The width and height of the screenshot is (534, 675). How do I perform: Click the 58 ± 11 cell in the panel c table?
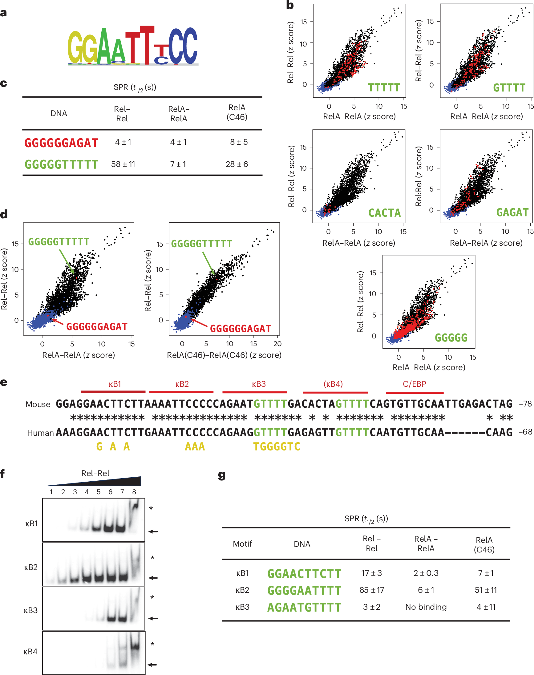(123, 164)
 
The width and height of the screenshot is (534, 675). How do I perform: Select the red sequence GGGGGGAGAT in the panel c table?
(61, 143)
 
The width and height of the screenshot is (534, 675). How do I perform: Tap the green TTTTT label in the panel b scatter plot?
(384, 87)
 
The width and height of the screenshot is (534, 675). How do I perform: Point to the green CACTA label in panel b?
(384, 213)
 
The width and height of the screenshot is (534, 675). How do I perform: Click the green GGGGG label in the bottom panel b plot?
(451, 338)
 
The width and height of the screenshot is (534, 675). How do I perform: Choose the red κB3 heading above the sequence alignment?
(259, 384)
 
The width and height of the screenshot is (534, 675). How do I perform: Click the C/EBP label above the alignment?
(414, 384)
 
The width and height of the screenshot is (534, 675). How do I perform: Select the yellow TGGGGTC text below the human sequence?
(276, 447)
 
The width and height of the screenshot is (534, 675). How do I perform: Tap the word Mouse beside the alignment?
(38, 404)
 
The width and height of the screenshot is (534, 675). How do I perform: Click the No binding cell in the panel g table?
(426, 607)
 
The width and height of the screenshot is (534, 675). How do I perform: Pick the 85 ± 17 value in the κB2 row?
(371, 590)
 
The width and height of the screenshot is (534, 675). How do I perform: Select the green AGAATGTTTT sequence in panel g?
(304, 608)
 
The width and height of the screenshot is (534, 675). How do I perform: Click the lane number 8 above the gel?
(134, 492)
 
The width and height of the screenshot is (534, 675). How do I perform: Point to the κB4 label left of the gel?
(30, 652)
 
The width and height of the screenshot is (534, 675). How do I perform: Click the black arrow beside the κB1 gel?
(153, 531)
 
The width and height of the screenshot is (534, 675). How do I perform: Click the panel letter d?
(4, 214)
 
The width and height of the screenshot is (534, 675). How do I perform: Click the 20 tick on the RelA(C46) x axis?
(277, 344)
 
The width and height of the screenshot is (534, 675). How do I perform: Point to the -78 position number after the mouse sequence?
(525, 404)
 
